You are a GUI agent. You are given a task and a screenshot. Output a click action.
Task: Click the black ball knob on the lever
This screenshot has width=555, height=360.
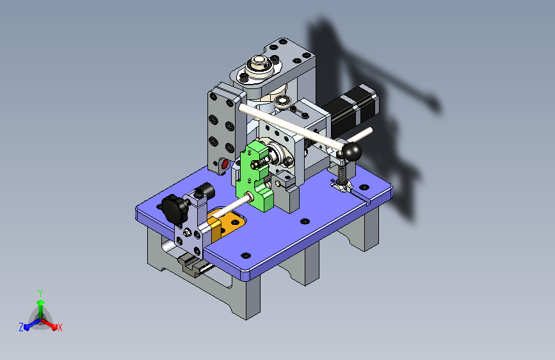pyautogui.click(x=351, y=152)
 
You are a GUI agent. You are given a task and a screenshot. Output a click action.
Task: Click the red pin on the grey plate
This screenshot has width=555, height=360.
pyautogui.click(x=224, y=165)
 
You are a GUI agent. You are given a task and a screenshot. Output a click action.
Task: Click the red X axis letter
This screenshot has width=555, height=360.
pyautogui.click(x=60, y=327)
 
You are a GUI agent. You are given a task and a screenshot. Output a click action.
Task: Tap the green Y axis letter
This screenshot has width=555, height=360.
pyautogui.click(x=40, y=292)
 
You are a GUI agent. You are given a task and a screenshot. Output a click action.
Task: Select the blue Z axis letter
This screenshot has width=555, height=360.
pyautogui.click(x=20, y=327)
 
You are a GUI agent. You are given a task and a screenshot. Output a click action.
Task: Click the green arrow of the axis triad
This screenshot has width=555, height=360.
pyautogui.click(x=40, y=304)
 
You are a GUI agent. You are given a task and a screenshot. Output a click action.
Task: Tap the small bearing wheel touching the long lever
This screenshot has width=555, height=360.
pyautogui.click(x=280, y=102)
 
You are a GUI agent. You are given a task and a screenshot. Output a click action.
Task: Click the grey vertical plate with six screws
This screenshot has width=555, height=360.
pyautogui.click(x=221, y=128)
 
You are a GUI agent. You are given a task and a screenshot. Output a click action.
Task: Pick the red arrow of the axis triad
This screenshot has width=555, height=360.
pyautogui.click(x=52, y=324)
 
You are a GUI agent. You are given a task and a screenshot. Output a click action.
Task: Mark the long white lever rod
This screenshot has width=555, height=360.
pyautogui.click(x=288, y=125)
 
